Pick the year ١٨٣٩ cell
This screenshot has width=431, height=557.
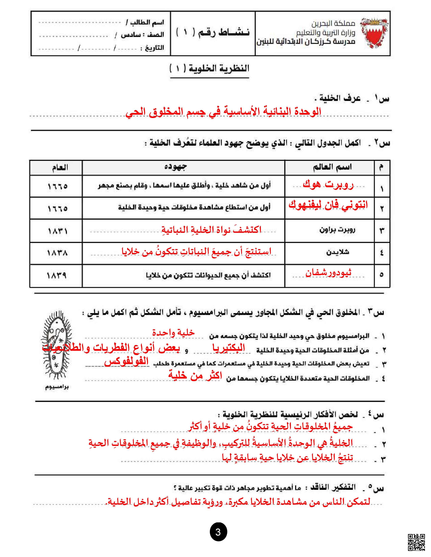pos(57,276)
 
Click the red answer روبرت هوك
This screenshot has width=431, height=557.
pos(328,184)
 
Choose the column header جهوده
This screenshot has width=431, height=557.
pos(175,167)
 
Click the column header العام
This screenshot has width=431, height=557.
pos(60,168)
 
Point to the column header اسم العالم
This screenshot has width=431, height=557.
pos(332,167)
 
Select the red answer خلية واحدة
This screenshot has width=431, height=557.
pos(173,333)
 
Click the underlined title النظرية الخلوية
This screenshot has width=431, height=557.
pos(209,69)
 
